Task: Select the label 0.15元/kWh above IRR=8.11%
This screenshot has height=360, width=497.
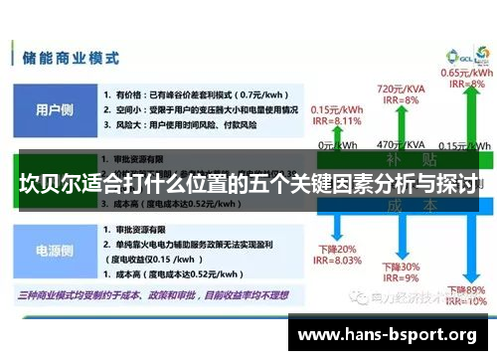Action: coord(335,109)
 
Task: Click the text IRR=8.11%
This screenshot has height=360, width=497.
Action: coord(336,121)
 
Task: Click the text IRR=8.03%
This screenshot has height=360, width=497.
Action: coord(334,261)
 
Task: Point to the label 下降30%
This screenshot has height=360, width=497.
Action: coord(400,267)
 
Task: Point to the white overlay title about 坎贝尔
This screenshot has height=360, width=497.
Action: coord(248,184)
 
